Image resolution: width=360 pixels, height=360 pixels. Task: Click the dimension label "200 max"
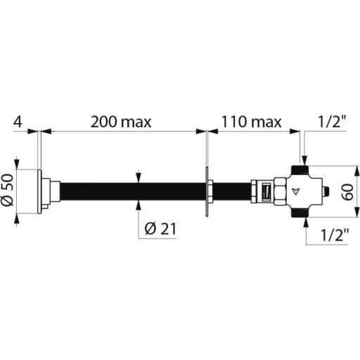[121, 122]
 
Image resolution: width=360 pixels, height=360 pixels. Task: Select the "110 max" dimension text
[252, 122]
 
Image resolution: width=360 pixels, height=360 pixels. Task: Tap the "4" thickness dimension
[18, 122]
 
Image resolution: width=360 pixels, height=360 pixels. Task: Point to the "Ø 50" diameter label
[8, 190]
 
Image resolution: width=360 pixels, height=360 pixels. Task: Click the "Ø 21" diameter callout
[160, 229]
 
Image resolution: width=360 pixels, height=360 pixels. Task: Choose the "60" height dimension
[347, 192]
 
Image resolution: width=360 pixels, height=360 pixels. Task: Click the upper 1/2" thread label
[332, 122]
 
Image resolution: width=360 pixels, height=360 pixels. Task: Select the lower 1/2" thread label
[335, 235]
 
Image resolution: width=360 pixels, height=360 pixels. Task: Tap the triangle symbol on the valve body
[296, 191]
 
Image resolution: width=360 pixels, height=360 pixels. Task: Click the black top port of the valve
[300, 169]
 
